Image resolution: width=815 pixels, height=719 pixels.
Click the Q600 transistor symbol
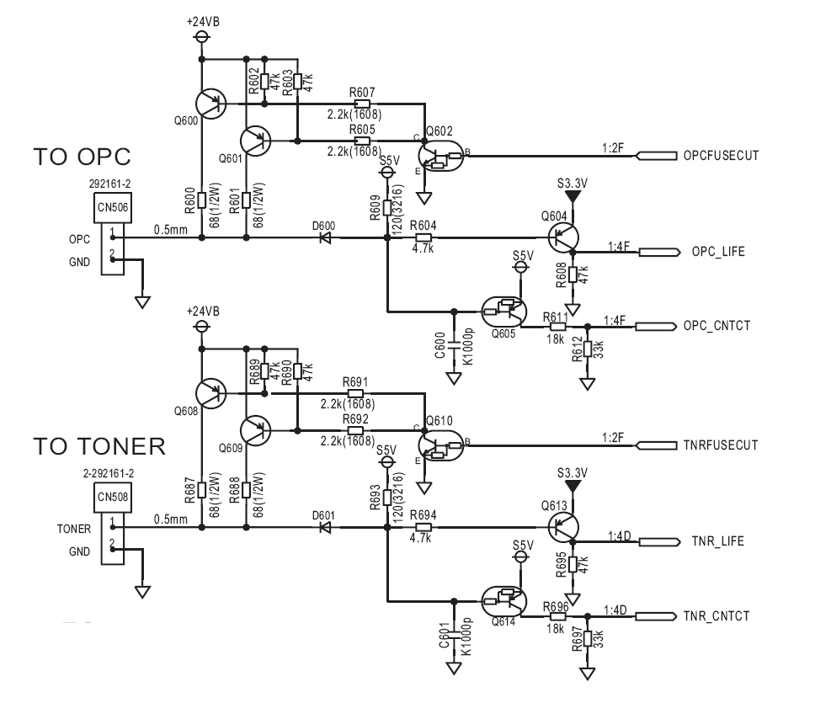click(211, 104)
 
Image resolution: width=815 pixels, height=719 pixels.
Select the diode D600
click(326, 237)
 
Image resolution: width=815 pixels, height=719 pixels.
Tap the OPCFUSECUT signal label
click(721, 156)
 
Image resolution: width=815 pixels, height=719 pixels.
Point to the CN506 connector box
click(112, 233)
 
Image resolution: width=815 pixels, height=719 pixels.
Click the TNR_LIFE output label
click(718, 541)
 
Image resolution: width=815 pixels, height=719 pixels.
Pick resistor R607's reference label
click(362, 93)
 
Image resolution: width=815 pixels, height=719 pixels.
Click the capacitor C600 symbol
click(454, 344)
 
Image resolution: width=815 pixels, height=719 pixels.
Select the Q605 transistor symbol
click(503, 312)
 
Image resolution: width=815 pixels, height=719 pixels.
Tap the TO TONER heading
click(99, 446)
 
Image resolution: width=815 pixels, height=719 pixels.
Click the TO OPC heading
click(83, 157)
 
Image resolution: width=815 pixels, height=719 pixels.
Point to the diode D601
click(326, 527)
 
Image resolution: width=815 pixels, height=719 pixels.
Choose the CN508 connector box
click(112, 523)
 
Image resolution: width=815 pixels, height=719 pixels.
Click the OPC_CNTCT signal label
click(716, 326)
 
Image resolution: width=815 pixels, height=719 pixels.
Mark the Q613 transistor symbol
click(563, 527)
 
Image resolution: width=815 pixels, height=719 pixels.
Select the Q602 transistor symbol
click(440, 156)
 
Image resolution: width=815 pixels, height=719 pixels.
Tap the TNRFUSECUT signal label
click(721, 445)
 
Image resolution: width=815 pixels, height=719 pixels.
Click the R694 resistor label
click(423, 515)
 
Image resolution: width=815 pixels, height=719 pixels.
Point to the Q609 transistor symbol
click(255, 430)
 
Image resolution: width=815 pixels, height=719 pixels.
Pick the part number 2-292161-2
click(108, 474)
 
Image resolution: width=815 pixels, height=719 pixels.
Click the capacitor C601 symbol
click(454, 634)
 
